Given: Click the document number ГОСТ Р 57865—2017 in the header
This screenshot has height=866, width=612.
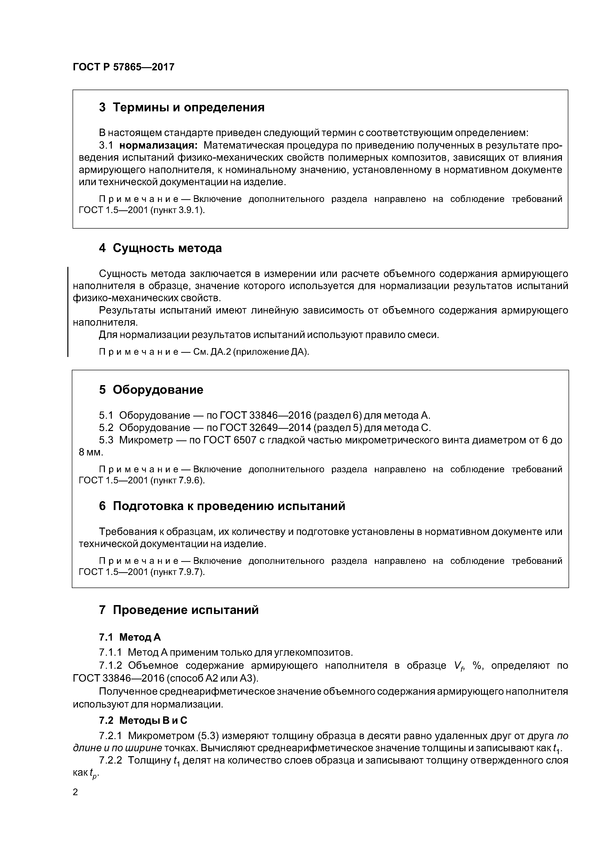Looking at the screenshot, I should coord(123,67).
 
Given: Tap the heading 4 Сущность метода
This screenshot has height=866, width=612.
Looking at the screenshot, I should coord(160,248).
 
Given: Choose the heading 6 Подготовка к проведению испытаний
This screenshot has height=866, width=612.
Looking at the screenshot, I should coord(222,506).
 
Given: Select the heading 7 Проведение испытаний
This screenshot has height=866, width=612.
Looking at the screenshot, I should coord(179,610).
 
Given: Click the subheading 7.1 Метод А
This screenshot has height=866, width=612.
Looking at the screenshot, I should coord(130,637).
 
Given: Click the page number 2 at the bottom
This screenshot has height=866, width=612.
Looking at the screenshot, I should coord(76,792).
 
